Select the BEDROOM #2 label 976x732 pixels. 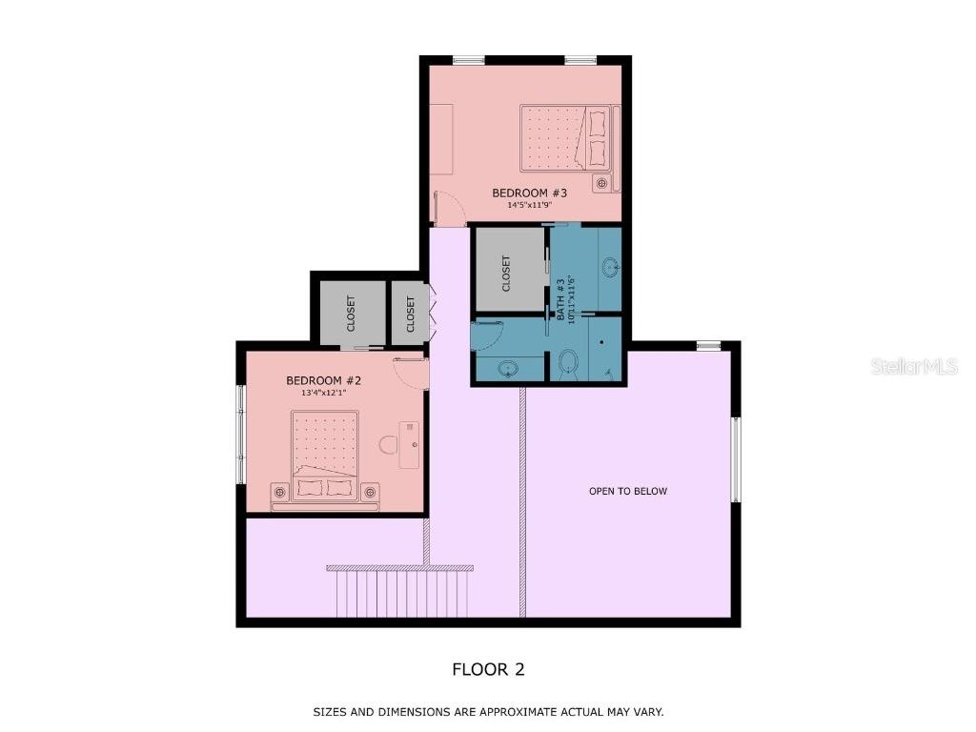[x=323, y=380]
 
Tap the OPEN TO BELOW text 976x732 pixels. [x=627, y=492]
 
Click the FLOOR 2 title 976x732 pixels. [x=488, y=669]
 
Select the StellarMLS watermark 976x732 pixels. [x=913, y=366]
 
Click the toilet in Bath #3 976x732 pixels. [x=569, y=363]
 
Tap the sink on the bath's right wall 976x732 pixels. [x=610, y=267]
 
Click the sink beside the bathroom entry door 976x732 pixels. [x=508, y=369]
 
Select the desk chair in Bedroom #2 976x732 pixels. [x=387, y=444]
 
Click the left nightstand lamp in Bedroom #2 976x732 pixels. [x=279, y=492]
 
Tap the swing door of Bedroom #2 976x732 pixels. [x=410, y=371]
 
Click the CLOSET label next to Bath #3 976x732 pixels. [x=506, y=273]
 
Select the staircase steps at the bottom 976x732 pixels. [x=400, y=593]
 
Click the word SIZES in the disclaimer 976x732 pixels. [x=330, y=712]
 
